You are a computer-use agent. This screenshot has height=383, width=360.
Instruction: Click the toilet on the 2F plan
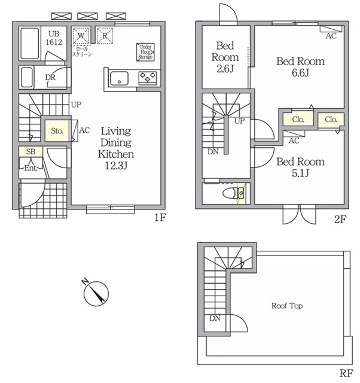pos(231,193)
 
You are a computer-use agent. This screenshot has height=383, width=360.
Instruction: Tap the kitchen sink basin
pos(119,78)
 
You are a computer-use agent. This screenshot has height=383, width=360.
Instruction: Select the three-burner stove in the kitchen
pos(148,77)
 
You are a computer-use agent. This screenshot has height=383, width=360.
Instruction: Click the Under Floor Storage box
pos(145,52)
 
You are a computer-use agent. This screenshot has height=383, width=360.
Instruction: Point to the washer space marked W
pos(81,36)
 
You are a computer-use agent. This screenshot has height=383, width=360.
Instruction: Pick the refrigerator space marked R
pos(105,36)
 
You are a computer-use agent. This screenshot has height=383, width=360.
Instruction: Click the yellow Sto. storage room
pos(57,131)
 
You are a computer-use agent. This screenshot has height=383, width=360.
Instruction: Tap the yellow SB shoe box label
pos(30,151)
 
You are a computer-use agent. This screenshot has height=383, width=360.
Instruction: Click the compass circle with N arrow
pos(96,293)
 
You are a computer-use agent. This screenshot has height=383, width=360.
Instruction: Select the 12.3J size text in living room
pos(116,166)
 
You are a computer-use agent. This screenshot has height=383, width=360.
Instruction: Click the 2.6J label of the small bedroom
pos(225,69)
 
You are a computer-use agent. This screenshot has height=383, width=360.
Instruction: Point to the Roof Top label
pos(287,306)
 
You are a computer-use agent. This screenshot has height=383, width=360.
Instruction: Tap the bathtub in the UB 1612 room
pos(30,44)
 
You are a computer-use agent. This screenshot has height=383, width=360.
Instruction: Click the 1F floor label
pos(160,217)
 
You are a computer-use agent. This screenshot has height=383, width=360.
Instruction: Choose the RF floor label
pos(346,373)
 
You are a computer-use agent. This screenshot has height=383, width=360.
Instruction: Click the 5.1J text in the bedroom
pos(300,173)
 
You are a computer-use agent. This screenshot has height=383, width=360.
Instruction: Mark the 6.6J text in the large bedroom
pos(300,72)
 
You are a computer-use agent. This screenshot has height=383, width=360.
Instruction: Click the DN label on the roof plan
pos(215,318)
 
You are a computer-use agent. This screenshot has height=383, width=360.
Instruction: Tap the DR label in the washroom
pos(50,77)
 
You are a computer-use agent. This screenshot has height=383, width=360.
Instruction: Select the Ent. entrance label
pos(30,168)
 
